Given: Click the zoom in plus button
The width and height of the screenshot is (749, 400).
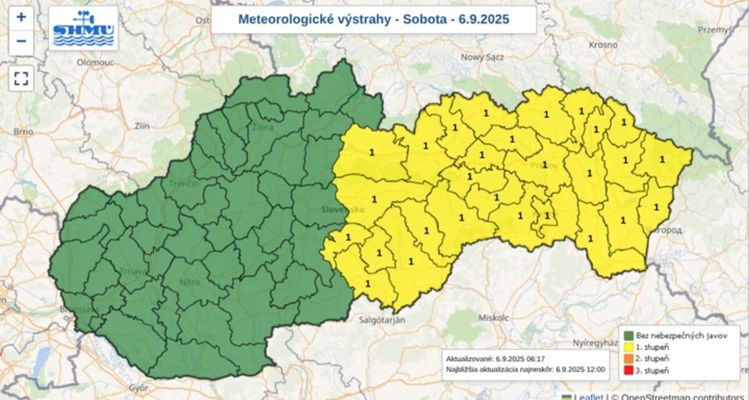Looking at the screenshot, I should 21,17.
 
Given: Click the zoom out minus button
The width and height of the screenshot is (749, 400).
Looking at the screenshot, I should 21,41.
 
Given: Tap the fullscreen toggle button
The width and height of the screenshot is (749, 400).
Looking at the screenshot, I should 21,78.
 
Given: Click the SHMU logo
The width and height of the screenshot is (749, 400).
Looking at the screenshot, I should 83,28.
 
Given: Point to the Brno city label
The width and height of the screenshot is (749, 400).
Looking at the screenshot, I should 23,132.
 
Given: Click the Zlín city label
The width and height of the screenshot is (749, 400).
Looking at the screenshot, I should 142,126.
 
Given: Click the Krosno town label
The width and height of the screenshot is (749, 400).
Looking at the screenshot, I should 603,45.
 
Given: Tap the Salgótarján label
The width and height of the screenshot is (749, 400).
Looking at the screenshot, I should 383,320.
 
